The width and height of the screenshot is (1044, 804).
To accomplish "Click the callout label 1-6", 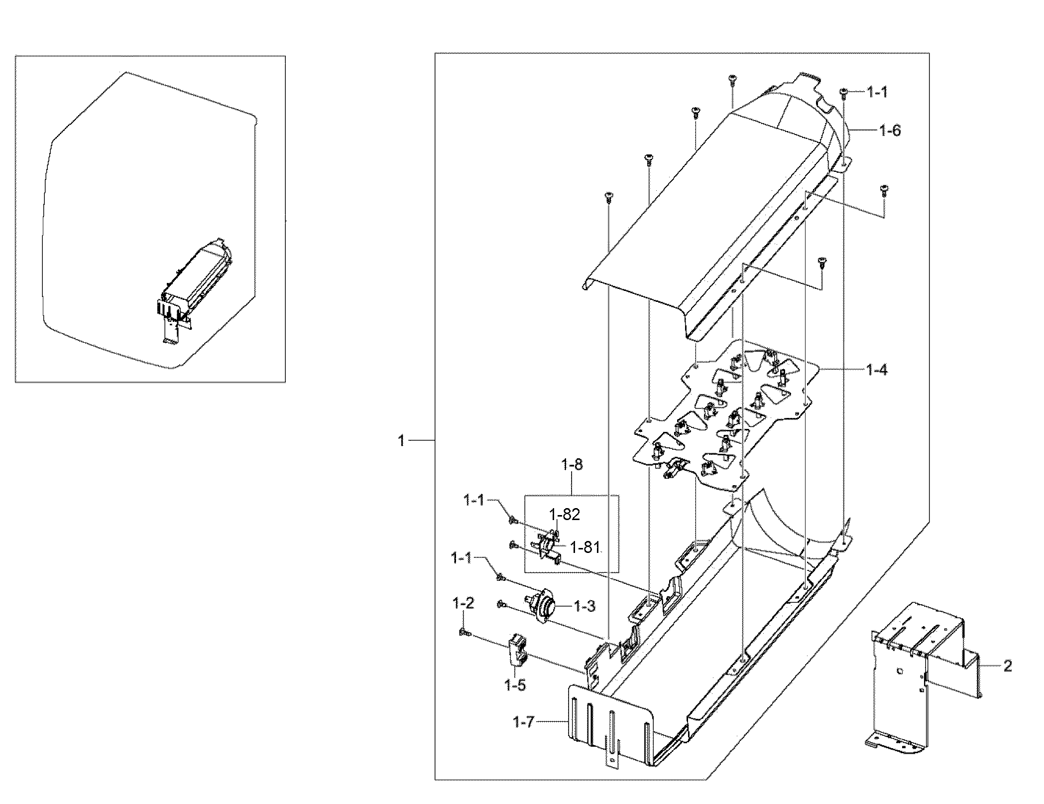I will pyautogui.click(x=890, y=131).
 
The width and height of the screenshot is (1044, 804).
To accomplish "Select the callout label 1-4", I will pyautogui.click(x=876, y=370).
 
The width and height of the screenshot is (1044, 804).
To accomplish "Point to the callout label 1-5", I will pyautogui.click(x=515, y=685).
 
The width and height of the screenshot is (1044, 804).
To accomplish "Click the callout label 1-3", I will pyautogui.click(x=584, y=606).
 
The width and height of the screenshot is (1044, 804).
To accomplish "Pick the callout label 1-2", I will pyautogui.click(x=463, y=604).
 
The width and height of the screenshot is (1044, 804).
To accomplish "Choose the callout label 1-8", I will pyautogui.click(x=572, y=465).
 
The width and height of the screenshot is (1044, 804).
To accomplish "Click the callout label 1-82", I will pyautogui.click(x=565, y=515).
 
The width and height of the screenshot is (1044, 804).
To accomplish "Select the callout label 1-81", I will pyautogui.click(x=584, y=547).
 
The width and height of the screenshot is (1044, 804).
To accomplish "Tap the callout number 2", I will pyautogui.click(x=1007, y=666).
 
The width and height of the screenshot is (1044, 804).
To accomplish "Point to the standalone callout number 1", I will pyautogui.click(x=401, y=441).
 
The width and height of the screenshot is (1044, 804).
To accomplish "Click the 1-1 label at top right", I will pyautogui.click(x=877, y=92).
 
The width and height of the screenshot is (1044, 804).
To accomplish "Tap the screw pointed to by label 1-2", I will pyautogui.click(x=464, y=632).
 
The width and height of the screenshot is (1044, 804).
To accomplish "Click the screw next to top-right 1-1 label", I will pyautogui.click(x=843, y=92).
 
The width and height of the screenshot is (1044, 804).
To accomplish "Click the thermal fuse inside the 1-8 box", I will pyautogui.click(x=548, y=547).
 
